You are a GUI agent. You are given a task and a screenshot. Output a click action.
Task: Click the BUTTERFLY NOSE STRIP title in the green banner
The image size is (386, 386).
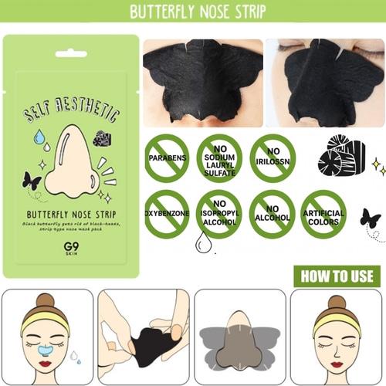click(x=193, y=12)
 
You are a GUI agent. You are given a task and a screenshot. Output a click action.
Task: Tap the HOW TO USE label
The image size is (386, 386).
click(x=335, y=276)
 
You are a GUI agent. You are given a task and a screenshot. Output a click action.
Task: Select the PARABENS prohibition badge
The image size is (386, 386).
click(x=167, y=157)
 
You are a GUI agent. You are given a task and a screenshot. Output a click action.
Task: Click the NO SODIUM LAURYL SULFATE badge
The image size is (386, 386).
click(x=219, y=157)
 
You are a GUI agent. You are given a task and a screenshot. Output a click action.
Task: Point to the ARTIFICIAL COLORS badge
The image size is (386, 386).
click(x=323, y=214)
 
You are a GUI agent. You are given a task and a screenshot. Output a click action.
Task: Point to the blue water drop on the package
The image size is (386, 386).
click(x=39, y=137)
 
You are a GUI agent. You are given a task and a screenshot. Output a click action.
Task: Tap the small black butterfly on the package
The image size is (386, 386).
click(x=32, y=181)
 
